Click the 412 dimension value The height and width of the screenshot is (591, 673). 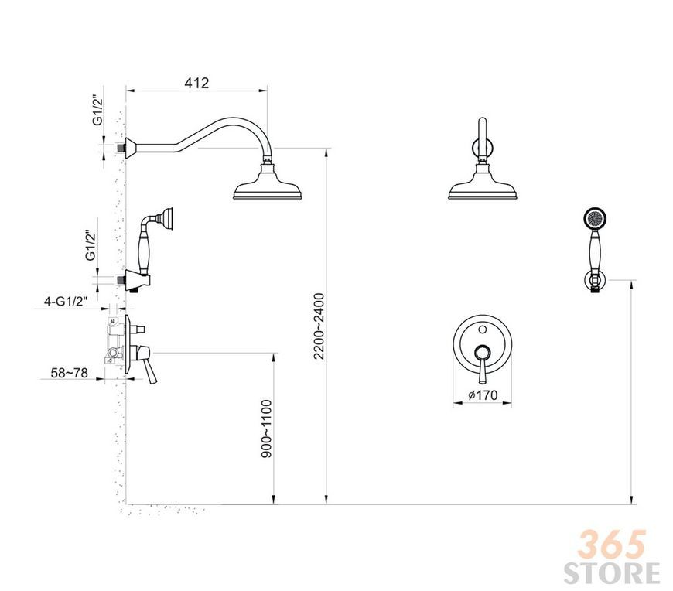tap(196, 83)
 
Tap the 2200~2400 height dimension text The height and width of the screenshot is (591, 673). tap(319, 326)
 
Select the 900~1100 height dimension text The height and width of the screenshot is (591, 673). tap(267, 429)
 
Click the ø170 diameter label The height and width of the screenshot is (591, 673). tap(483, 395)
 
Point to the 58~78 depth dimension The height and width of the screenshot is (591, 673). tap(69, 373)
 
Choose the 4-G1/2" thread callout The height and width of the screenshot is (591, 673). tap(65, 301)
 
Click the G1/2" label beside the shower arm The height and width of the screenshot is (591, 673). tap(98, 111)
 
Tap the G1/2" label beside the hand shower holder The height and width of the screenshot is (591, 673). tap(91, 245)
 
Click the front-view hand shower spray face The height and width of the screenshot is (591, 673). tap(594, 218)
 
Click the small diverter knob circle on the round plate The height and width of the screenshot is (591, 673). tap(483, 330)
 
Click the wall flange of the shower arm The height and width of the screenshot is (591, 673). tap(130, 148)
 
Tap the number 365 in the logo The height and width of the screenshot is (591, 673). tap(612, 545)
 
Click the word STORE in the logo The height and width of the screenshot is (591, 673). tap(612, 572)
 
